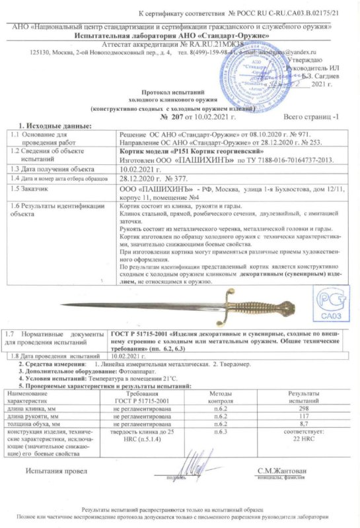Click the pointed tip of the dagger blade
pos(61,304)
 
